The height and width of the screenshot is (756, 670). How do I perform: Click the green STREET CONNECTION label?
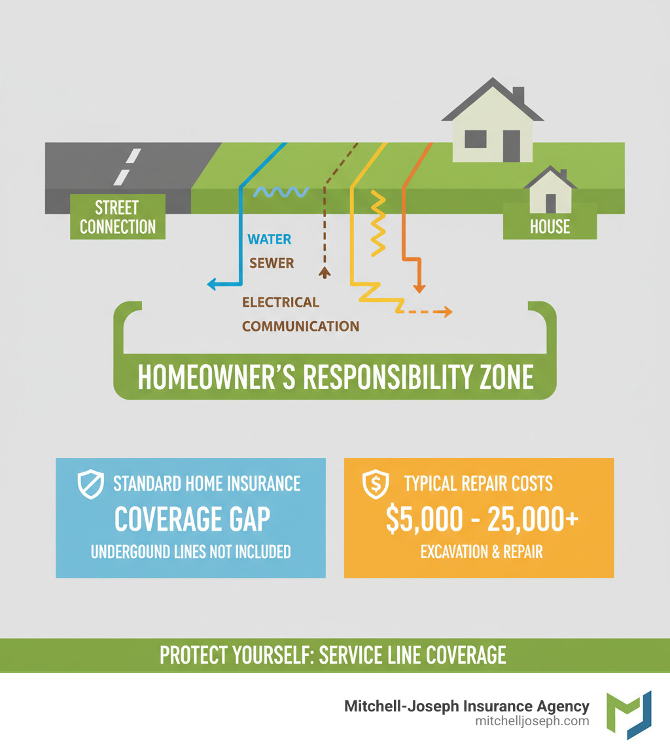(118, 217)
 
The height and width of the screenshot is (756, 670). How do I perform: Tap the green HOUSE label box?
(550, 227)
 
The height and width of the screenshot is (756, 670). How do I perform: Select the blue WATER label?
(270, 239)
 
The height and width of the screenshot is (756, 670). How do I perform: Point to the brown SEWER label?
(272, 263)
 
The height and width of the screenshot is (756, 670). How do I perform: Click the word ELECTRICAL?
(281, 302)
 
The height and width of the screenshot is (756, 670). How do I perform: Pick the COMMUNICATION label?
(300, 326)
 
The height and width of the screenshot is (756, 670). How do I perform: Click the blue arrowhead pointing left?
(212, 284)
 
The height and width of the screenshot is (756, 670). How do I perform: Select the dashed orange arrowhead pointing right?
(447, 312)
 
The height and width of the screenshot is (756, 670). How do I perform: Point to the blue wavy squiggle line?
(281, 191)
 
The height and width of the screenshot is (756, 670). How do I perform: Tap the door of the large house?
(511, 145)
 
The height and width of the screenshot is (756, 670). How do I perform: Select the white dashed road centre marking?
(128, 166)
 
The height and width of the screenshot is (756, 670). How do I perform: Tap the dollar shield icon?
(376, 484)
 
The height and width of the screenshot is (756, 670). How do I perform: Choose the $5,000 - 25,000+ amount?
(482, 518)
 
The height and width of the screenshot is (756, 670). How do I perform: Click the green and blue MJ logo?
(629, 715)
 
